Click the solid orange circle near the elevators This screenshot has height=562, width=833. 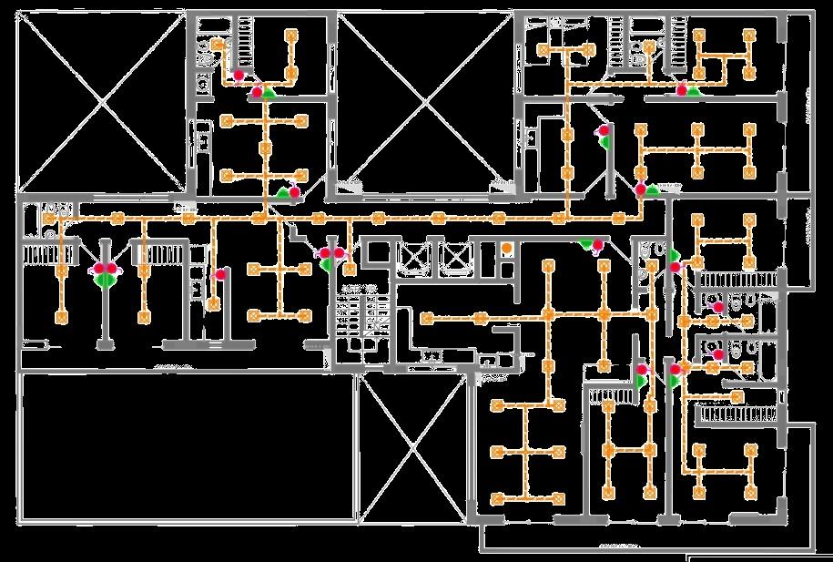click(507, 249)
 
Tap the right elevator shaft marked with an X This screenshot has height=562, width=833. click(453, 257)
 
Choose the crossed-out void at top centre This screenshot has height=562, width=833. click(423, 100)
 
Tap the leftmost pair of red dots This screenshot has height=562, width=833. click(106, 269)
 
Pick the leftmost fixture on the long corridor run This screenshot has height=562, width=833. click(50, 219)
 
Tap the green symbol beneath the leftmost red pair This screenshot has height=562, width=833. click(106, 281)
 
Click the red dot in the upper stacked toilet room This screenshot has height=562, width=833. click(718, 308)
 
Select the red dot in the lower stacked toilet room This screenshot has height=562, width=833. click(718, 354)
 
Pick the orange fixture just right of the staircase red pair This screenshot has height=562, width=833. click(350, 268)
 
